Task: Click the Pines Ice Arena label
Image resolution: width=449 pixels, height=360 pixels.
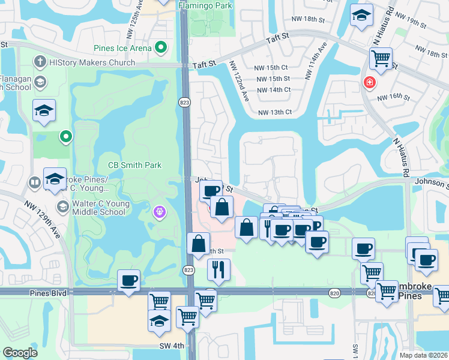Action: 122,47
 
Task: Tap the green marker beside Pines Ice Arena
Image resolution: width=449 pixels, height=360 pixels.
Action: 160,47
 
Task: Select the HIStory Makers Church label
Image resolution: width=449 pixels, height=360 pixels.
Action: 92,62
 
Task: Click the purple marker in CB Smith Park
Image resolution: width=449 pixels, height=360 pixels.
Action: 159,211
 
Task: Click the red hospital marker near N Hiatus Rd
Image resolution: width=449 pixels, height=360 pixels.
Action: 367,82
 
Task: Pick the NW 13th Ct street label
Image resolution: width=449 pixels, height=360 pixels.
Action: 274,112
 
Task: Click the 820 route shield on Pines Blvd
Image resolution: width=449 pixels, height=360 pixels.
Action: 334,292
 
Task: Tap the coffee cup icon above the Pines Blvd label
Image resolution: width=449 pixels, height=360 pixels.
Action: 128,280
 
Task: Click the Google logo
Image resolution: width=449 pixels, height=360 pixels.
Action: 20,353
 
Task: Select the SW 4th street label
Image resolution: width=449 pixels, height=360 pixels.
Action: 171,345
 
